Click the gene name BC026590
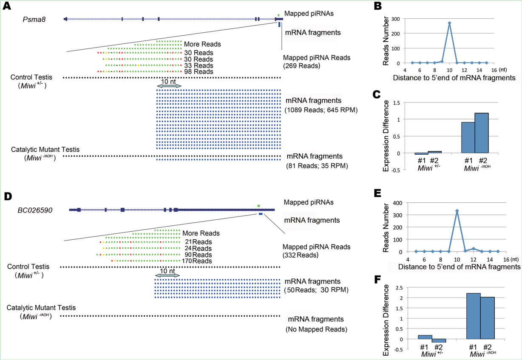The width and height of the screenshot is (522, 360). tap(35, 210)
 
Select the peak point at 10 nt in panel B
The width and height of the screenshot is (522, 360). tap(449, 23)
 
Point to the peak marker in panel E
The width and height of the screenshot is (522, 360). tap(457, 211)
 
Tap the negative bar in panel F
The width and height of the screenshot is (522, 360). tap(438, 340)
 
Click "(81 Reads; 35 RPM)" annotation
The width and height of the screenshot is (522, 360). tap(317, 166)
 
